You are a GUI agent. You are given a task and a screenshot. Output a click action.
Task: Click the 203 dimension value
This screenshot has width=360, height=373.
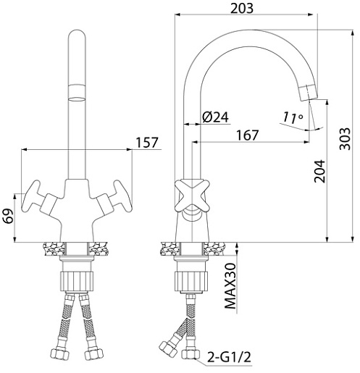(x=242, y=8)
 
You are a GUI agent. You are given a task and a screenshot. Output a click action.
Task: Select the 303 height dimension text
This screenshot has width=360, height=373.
(x=345, y=139)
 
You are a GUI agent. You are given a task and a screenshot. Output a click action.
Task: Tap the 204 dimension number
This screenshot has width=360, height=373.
(x=319, y=171)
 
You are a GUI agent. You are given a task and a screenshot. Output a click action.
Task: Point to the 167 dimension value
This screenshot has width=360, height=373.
(x=248, y=135)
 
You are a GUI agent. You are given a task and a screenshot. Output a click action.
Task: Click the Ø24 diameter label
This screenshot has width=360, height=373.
(x=215, y=117)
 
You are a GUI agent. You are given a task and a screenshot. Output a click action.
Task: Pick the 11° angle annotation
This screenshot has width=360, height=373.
(x=293, y=117)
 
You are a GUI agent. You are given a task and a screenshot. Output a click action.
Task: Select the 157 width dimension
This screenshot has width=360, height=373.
(x=147, y=143)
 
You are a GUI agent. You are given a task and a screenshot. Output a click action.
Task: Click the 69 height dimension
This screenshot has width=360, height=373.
(x=9, y=217)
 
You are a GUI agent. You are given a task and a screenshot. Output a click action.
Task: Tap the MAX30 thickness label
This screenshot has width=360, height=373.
(x=230, y=286)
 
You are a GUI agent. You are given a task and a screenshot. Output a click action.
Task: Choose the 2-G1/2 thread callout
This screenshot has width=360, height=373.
(x=229, y=357)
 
